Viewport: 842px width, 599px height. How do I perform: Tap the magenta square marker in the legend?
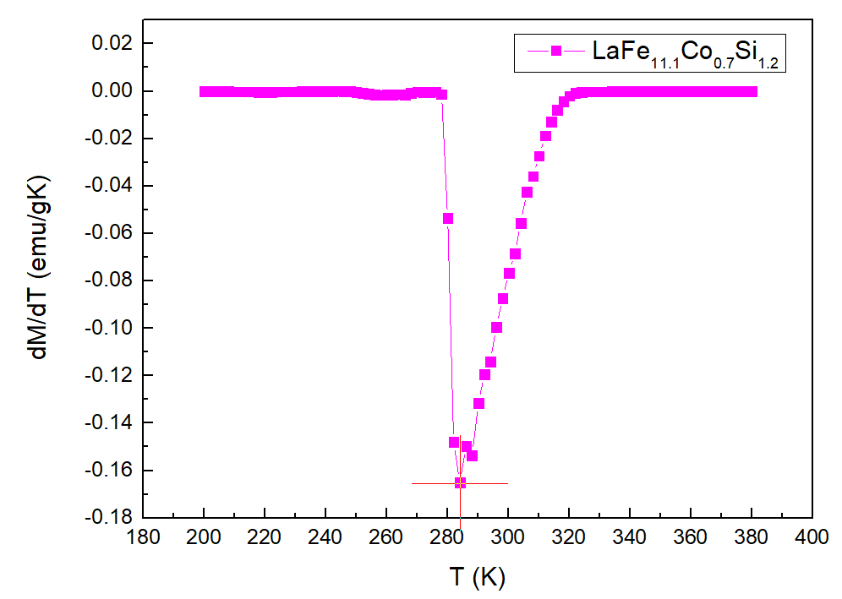555,52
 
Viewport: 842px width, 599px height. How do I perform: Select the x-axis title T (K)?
477,576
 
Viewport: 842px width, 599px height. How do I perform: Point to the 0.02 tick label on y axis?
113,43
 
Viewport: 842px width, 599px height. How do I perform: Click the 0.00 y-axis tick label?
113,91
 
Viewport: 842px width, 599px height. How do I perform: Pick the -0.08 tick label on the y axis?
110,280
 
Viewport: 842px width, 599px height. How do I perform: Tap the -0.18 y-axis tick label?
110,517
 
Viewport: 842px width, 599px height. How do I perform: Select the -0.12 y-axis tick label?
110,375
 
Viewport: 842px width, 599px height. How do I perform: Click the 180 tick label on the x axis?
143,537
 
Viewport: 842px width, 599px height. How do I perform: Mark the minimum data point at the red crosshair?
460,483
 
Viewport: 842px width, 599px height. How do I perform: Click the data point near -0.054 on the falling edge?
448,218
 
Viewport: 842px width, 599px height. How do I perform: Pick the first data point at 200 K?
205,91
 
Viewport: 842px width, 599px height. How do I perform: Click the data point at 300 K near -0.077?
509,273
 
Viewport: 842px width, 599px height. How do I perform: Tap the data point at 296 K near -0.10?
496,327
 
